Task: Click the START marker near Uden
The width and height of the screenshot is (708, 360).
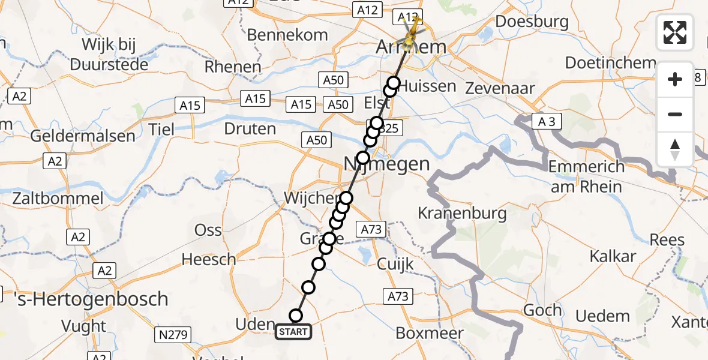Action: pos(293,331)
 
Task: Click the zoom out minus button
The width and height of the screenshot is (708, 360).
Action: pos(675,114)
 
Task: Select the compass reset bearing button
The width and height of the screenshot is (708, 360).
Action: pos(675,149)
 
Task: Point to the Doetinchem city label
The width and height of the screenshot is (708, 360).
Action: pos(610,63)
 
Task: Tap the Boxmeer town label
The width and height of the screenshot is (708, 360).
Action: pos(430,333)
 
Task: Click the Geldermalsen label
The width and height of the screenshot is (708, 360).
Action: pos(83,136)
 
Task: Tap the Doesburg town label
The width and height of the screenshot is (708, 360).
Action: pos(532,22)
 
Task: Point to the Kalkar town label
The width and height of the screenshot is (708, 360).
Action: pos(613,256)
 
